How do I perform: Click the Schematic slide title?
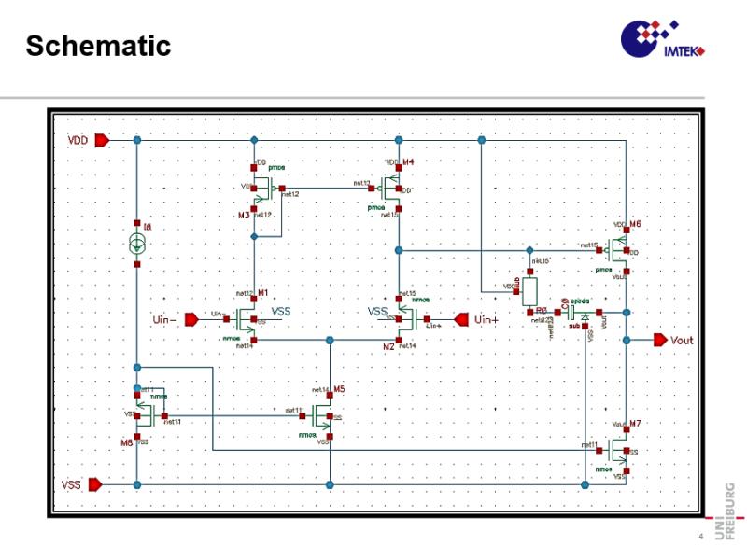coord(98,45)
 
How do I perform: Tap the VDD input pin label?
coord(78,140)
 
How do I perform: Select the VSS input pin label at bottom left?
coord(72,485)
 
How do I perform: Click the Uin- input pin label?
coord(165,319)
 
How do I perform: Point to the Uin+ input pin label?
coord(487,319)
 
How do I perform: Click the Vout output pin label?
coord(683,340)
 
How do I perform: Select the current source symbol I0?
coord(137,245)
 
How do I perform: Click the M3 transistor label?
coord(244,215)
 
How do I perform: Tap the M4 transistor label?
coord(408,162)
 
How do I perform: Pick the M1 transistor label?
coord(262,293)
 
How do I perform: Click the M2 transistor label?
coord(388,346)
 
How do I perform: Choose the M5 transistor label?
coord(339,389)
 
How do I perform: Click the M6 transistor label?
coord(635,225)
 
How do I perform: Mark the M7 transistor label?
coord(635,424)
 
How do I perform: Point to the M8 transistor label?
coord(128,441)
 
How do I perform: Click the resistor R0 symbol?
coord(529,290)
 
